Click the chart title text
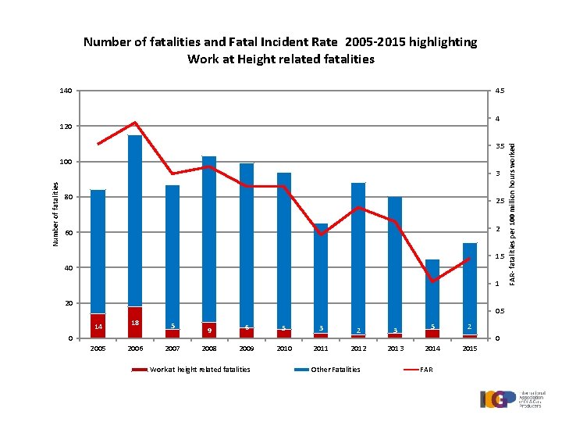coord(280,50)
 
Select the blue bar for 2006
coord(135,219)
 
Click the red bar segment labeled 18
coord(135,322)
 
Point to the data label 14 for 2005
coord(98,326)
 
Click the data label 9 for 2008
coord(209,330)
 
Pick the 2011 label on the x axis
coord(321,348)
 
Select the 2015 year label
coord(469,348)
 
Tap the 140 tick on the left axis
coord(66,91)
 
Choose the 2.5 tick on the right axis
coord(500,202)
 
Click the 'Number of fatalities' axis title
coord(55,213)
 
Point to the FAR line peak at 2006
coord(135,123)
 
